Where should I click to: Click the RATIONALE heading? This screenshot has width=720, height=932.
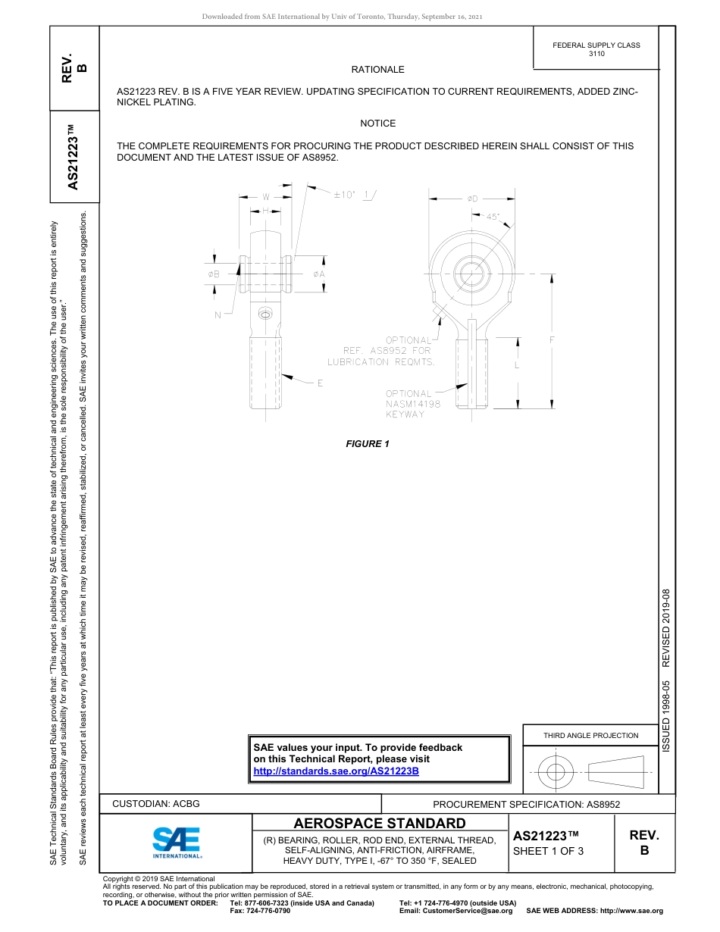pos(377,70)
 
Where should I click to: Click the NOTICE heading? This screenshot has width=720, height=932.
pos(377,124)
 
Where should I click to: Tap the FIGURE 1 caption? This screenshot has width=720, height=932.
pos(368,444)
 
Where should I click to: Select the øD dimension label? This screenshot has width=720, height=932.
pos(472,199)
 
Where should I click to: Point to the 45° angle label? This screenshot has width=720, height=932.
pos(493,217)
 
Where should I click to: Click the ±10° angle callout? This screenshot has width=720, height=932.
pos(345,195)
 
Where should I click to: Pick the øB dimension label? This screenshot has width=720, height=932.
pos(214,274)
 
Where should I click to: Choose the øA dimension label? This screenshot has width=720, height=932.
pos(319,274)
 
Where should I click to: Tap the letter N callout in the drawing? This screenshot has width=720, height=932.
pos(218,315)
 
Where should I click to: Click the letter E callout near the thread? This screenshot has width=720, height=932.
pos(320,383)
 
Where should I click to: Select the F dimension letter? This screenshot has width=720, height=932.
pos(552,341)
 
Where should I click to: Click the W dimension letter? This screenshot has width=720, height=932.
pos(266,198)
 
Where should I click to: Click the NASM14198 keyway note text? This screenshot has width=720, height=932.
pos(412,404)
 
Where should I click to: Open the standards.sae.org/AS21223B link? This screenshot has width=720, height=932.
pos(336,771)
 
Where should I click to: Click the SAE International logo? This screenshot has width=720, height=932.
pos(177,842)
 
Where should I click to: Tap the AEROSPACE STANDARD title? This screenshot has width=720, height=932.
pos(380,824)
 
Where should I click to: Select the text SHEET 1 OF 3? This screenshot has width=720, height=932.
pos(548,851)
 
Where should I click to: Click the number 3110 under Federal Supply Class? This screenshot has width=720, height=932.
pos(596,54)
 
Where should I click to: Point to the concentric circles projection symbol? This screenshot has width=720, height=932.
pos(556,772)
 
